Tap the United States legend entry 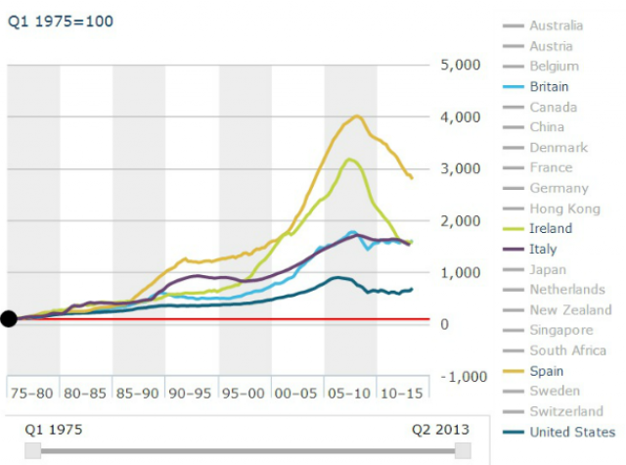(572, 432)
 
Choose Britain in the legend (549, 86)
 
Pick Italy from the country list (543, 249)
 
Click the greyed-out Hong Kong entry (566, 209)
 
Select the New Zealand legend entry (570, 309)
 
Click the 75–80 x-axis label (32, 392)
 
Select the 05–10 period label (349, 392)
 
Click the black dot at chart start (9, 318)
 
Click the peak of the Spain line (357, 116)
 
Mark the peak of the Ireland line (349, 159)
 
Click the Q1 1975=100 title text (61, 21)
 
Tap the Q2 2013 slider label (439, 429)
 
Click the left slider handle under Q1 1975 (33, 449)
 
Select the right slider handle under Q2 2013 (463, 449)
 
